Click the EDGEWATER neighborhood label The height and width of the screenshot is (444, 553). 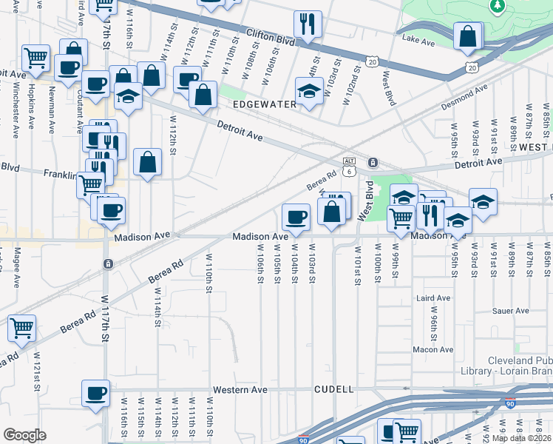point(265,105)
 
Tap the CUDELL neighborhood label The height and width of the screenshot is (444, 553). point(333,388)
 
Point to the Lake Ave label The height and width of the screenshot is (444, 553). point(416,36)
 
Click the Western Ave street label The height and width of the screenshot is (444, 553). point(240,389)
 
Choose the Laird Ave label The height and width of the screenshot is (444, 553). point(433,298)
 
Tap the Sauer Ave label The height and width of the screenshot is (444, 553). point(511,312)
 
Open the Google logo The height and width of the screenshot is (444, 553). point(24,435)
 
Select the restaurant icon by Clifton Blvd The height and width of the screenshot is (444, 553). point(307,24)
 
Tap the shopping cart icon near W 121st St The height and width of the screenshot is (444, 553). point(21,327)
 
